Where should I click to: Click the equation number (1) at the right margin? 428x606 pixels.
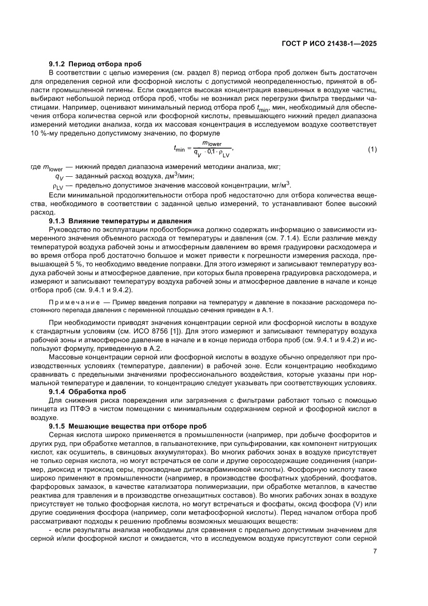pos(372,150)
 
